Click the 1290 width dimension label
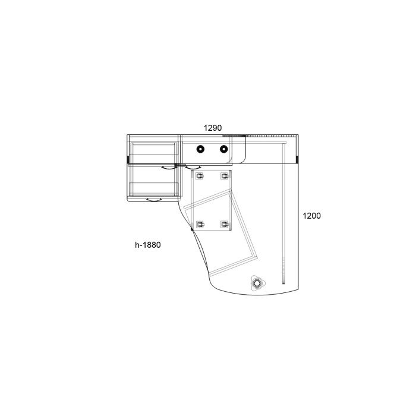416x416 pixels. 213,128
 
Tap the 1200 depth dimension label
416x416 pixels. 312,216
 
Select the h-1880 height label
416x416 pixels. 148,245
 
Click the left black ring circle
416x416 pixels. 200,149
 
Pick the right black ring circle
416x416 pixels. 223,149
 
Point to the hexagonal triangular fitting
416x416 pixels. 257,283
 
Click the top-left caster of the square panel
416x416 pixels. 200,176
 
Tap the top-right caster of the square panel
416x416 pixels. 225,176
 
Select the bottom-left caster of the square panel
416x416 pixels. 200,225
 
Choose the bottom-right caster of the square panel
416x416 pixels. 225,225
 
